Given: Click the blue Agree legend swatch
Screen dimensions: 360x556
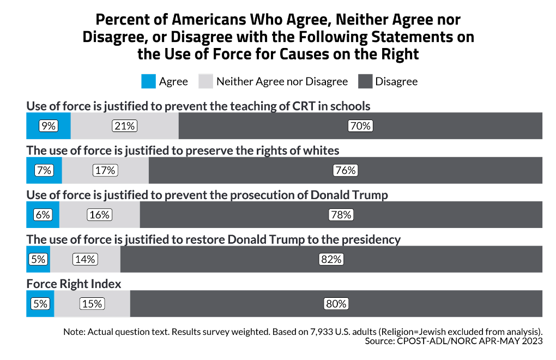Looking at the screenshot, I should [148, 82].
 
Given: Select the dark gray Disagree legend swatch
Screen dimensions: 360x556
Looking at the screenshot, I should [365, 82].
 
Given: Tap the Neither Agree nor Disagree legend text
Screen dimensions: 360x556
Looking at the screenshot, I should [282, 82].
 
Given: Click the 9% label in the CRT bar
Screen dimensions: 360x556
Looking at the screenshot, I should [49, 126].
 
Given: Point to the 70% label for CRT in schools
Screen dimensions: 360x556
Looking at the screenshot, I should [360, 126].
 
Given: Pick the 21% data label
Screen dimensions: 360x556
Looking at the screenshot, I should [124, 126].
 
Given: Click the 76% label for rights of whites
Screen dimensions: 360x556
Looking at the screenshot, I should [345, 170].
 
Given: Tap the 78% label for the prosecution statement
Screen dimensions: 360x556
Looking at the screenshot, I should [341, 215].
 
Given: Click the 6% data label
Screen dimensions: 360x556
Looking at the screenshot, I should [43, 215].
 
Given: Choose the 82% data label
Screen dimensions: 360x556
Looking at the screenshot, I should [331, 260].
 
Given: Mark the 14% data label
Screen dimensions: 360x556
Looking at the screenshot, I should [85, 260].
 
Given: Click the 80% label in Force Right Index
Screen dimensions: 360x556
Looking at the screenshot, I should [336, 304].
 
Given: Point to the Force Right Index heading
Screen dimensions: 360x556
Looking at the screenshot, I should [74, 284].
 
